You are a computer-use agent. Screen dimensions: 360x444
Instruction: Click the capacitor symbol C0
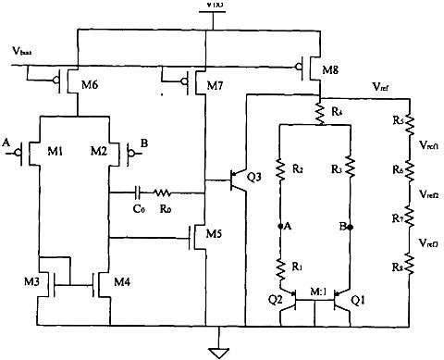(137, 193)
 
